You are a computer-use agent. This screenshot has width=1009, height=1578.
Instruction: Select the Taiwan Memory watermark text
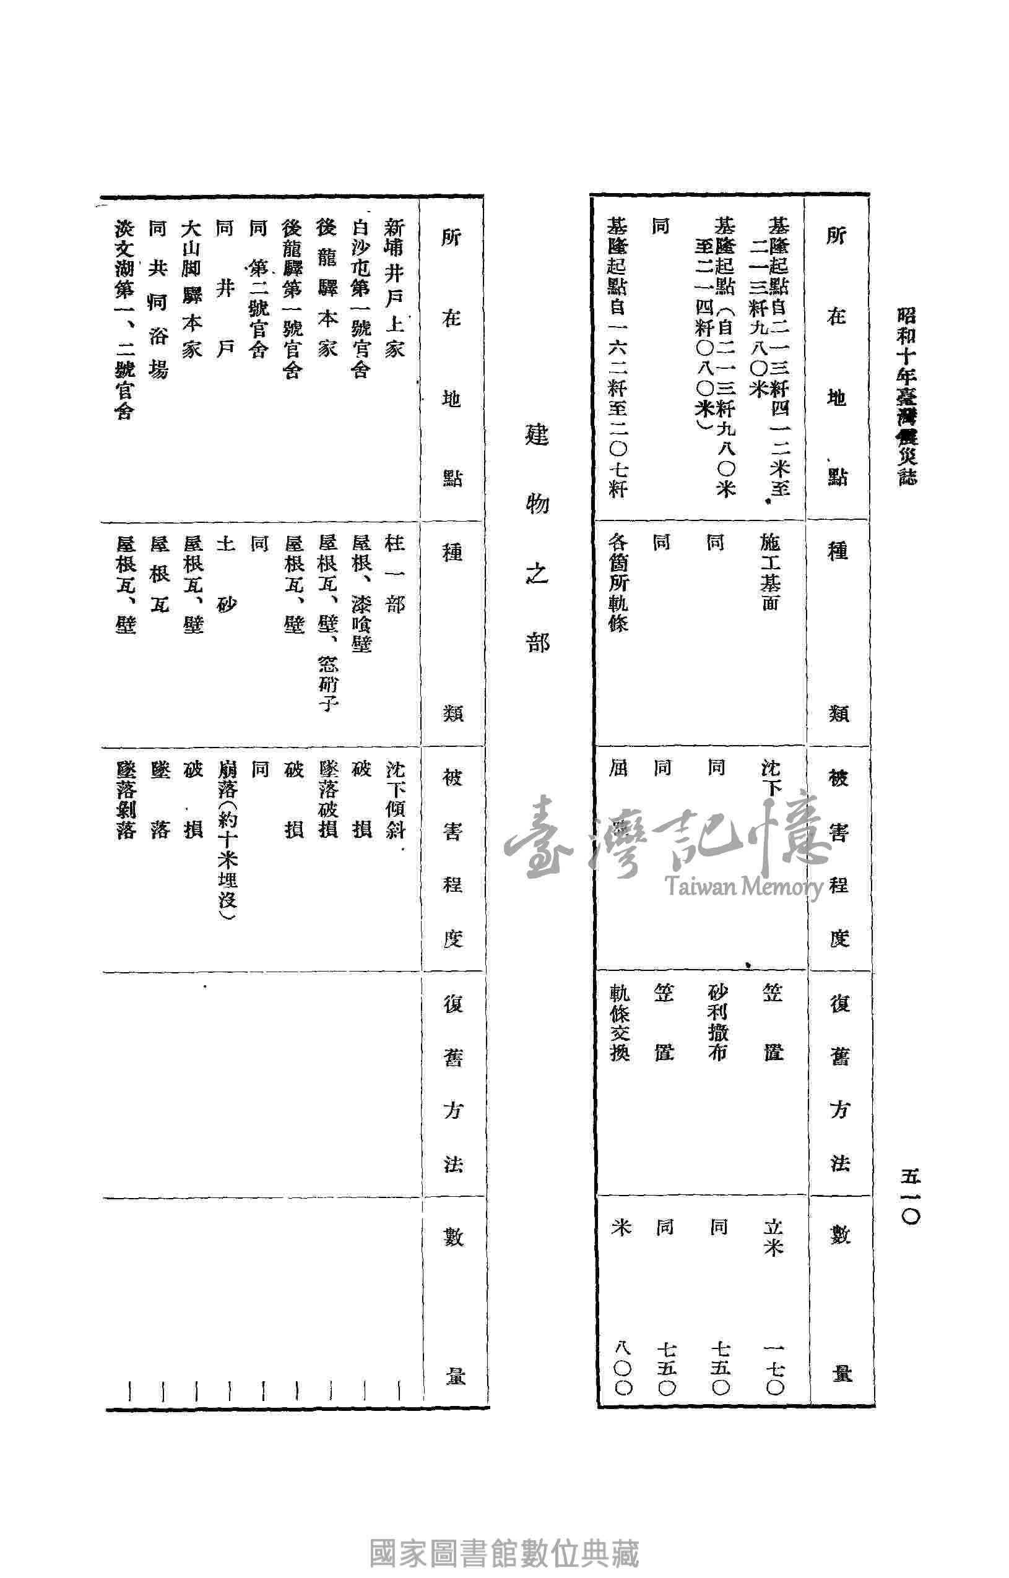pos(743,887)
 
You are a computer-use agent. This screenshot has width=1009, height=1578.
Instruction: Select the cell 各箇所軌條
pos(619,582)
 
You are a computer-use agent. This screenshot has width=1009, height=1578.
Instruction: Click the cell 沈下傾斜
pos(395,800)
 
